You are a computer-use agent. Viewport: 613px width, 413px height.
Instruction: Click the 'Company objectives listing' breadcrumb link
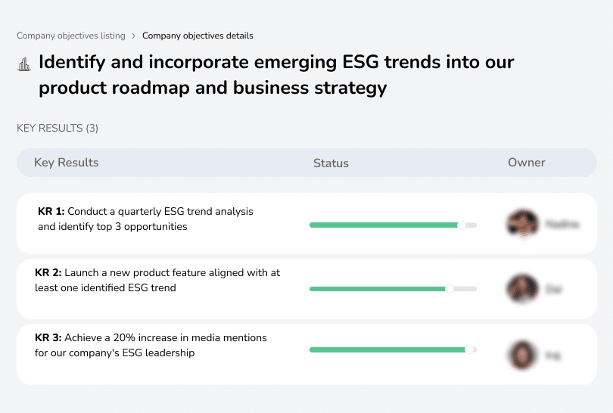70,36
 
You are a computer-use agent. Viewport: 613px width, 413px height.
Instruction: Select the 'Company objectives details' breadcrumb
198,36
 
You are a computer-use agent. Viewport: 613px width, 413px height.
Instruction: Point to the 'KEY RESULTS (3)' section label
58,129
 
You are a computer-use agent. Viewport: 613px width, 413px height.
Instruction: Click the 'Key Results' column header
67,163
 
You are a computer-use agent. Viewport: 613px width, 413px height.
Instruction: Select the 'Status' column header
331,163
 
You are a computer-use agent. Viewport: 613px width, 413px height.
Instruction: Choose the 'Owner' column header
527,163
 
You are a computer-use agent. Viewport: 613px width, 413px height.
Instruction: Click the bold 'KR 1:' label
51,212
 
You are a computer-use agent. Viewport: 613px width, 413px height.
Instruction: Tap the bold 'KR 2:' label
48,273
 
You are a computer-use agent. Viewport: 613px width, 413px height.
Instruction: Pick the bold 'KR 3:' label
48,338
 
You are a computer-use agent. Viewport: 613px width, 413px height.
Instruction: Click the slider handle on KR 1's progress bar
462,225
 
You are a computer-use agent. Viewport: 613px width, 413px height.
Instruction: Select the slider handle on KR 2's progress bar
449,288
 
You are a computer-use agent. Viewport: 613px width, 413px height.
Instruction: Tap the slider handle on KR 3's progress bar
469,349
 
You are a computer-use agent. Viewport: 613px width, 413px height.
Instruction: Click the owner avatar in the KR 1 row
522,224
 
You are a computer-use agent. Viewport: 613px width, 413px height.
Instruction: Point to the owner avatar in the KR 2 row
522,288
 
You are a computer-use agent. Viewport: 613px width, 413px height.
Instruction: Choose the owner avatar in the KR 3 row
522,354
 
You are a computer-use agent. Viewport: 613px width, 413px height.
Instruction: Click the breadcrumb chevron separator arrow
133,36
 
